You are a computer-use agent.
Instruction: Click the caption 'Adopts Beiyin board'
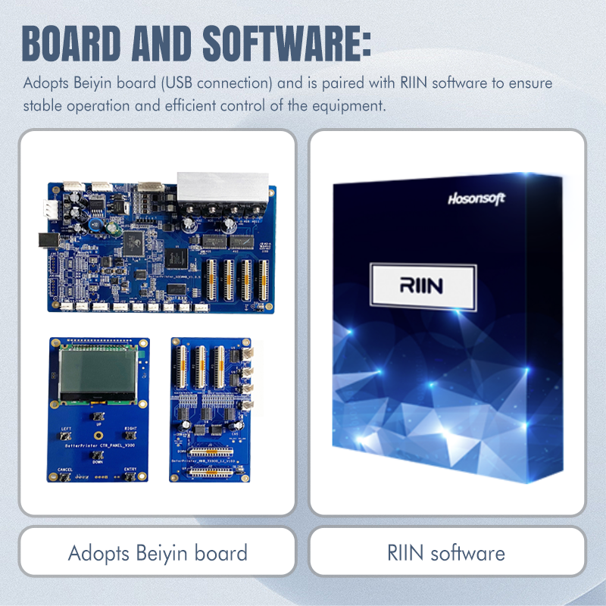[158, 552]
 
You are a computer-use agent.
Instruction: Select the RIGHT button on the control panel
[130, 435]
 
